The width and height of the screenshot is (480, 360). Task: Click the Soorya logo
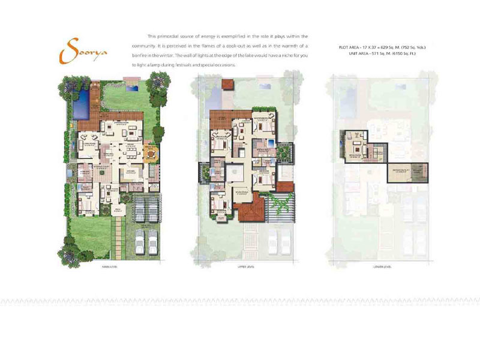84,50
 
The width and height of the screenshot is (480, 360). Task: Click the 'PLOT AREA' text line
380,47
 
